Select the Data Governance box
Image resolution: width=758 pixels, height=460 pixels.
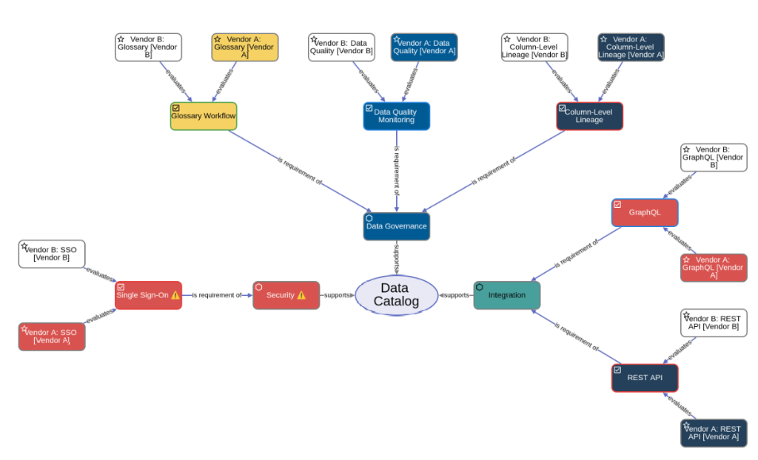[396, 226]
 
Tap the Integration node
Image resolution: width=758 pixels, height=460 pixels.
[506, 295]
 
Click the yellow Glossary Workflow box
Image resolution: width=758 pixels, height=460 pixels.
[204, 116]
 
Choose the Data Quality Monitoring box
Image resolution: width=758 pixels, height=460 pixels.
[396, 116]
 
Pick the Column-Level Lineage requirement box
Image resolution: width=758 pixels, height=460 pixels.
[589, 116]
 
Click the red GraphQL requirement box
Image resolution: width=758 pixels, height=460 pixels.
[644, 212]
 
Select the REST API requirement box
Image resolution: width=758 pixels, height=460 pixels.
[644, 377]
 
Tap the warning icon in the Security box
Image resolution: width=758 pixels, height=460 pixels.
[301, 295]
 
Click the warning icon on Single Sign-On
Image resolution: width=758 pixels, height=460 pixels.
[175, 295]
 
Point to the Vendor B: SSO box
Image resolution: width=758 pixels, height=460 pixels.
[52, 254]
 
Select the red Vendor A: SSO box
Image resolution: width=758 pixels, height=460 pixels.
[52, 336]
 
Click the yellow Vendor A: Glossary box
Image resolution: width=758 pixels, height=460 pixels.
[245, 47]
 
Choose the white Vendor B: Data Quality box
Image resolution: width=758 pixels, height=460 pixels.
[341, 47]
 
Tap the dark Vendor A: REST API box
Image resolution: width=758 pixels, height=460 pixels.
[714, 433]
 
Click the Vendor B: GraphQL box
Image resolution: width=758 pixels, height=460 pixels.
[714, 157]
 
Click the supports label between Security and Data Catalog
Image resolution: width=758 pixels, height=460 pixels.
[337, 295]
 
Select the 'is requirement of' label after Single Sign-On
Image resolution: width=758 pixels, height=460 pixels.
[217, 295]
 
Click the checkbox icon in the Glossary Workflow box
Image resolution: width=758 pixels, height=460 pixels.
[176, 108]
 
